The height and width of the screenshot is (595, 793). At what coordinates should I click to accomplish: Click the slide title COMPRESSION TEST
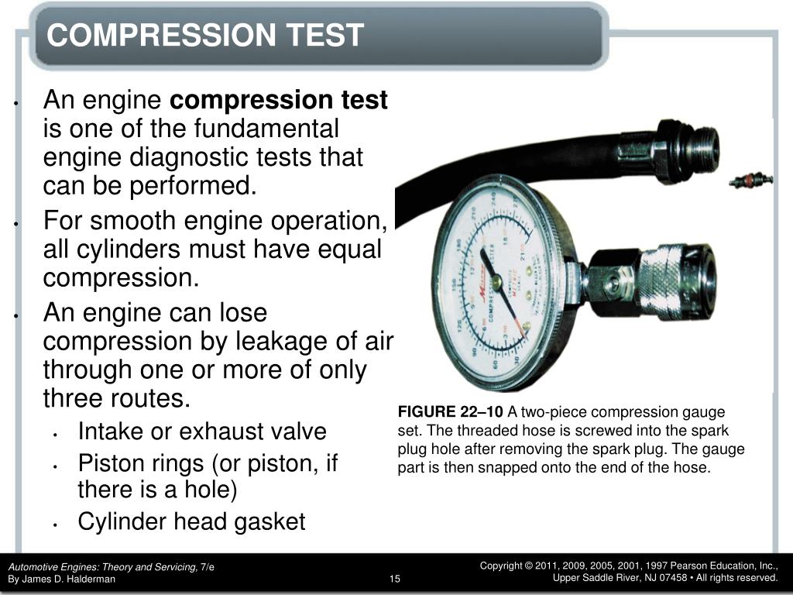click(x=204, y=35)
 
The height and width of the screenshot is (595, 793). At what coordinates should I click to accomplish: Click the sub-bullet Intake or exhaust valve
click(x=202, y=431)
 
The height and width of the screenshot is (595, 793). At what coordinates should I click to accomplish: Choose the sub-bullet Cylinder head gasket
click(x=191, y=521)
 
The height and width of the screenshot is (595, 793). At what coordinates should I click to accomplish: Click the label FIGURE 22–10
click(x=450, y=411)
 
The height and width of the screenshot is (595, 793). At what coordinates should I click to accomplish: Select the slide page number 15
click(x=396, y=579)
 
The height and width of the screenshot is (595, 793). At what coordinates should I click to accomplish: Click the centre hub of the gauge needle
click(x=496, y=283)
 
